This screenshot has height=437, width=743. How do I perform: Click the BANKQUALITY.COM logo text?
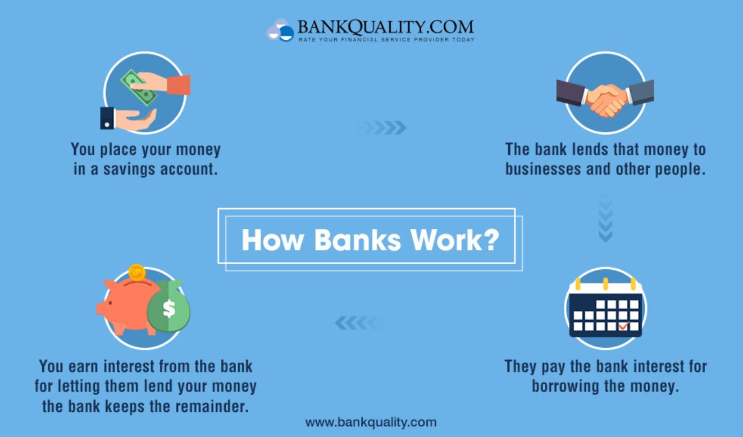pos(386,27)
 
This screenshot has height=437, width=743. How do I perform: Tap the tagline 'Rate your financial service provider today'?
pos(386,40)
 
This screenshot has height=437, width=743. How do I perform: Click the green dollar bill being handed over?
pos(139,88)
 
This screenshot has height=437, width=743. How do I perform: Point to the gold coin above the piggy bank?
pos(136,273)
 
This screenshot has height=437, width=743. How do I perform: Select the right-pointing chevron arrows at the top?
pos(381,127)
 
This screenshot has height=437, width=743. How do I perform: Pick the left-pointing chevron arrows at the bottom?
pos(360,323)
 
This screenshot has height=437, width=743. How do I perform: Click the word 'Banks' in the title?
pos(358,240)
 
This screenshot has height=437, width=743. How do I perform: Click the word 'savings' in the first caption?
pos(129,169)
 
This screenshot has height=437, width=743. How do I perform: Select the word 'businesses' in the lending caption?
pos(543,169)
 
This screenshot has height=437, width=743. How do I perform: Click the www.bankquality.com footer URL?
pos(371,422)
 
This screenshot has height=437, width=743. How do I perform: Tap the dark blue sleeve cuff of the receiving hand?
pos(107,118)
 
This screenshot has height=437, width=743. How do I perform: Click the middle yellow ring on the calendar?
pos(605,284)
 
